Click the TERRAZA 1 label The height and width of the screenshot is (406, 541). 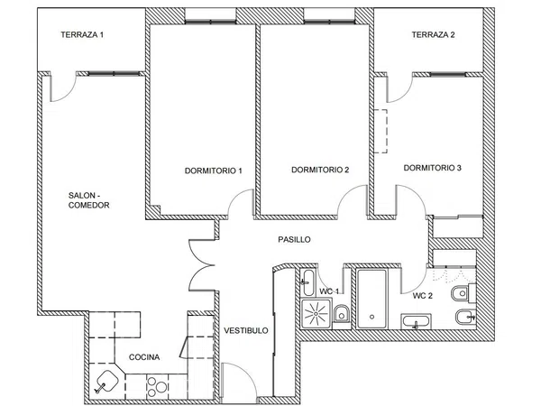coord(82,34)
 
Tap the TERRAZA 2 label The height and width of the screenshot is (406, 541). coord(433,34)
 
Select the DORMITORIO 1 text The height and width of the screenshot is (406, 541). coord(213,171)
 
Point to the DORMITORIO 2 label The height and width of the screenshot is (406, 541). coord(320,170)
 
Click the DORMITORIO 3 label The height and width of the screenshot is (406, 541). coord(432,168)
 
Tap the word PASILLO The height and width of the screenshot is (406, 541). coord(294,239)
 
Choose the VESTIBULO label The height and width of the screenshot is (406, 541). coord(246,330)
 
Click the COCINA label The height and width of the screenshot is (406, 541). coord(144,357)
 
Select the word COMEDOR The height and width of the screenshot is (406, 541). coord(88,205)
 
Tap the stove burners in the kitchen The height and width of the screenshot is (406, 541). coord(157,387)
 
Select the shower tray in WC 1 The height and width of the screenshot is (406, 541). coord(316,314)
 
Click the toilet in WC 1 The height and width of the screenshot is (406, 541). coord(341,313)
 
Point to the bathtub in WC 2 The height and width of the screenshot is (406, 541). coord(371,299)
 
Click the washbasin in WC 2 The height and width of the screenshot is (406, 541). coord(416,322)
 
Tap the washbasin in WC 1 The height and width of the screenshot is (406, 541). coord(307,282)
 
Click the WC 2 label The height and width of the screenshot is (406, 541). coord(423,296)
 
